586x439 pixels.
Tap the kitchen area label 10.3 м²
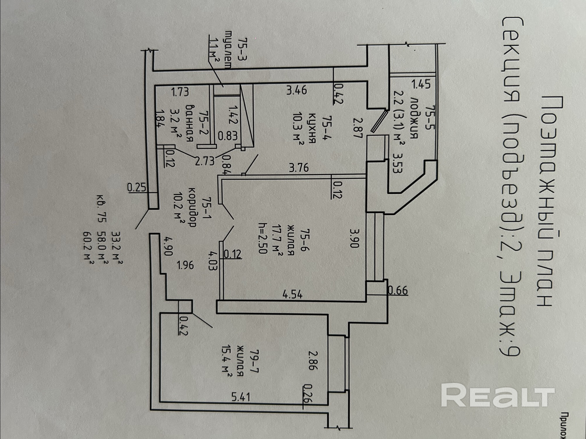[x=299, y=127]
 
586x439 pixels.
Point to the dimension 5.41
[x=241, y=397]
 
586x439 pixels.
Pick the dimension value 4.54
[x=292, y=294]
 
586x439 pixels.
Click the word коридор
[x=192, y=207]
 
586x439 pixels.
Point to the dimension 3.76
[x=299, y=168]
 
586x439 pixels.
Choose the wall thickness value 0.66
[x=398, y=290]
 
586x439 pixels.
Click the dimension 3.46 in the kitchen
[x=297, y=90]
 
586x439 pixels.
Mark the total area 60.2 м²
[x=88, y=249]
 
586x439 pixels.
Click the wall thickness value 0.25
[x=137, y=187]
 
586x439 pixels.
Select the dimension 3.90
[x=354, y=238]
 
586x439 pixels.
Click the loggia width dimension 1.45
[x=421, y=84]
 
